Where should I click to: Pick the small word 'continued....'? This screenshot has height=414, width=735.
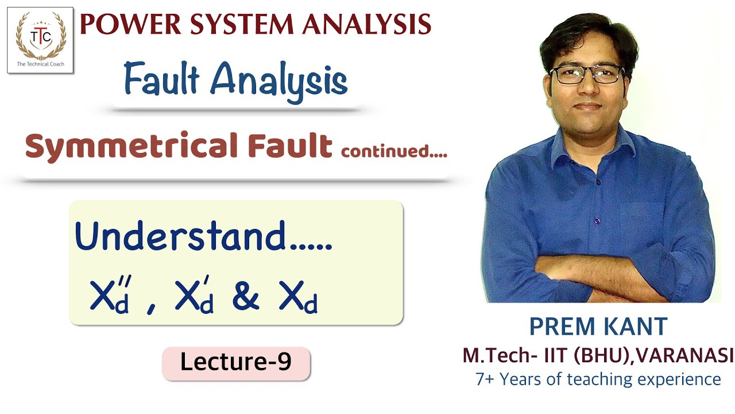pyautogui.click(x=394, y=152)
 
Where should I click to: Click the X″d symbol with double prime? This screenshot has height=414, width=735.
pyautogui.click(x=109, y=296)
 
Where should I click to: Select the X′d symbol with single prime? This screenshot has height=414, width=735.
pyautogui.click(x=194, y=296)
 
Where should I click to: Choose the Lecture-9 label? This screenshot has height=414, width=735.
pyautogui.click(x=236, y=362)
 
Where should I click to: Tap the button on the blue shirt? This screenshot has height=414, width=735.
pyautogui.click(x=597, y=220)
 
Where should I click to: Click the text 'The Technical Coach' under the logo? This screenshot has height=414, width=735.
pyautogui.click(x=40, y=64)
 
